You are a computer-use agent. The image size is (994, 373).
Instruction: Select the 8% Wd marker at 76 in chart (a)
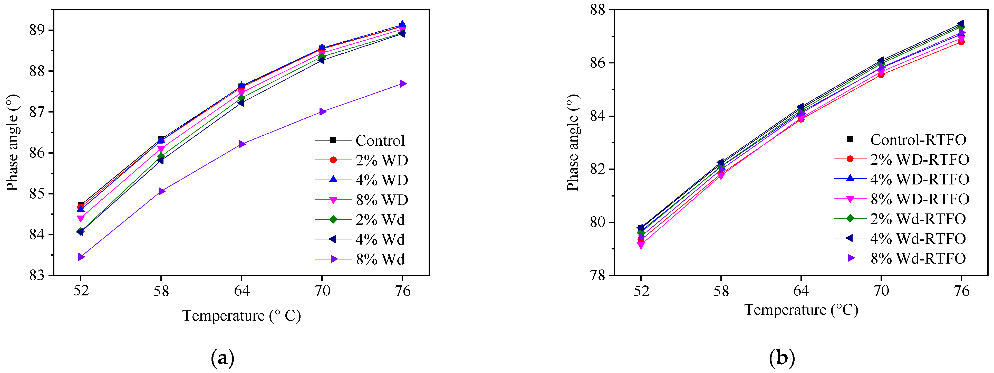pyautogui.click(x=402, y=84)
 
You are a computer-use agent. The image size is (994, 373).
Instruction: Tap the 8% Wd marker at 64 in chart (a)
pyautogui.click(x=242, y=144)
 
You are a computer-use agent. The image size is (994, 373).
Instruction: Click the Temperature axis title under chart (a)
pyautogui.click(x=242, y=316)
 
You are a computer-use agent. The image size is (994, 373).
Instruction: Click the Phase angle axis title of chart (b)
pyautogui.click(x=573, y=143)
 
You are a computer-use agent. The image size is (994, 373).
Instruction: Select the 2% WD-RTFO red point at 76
pyautogui.click(x=961, y=42)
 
